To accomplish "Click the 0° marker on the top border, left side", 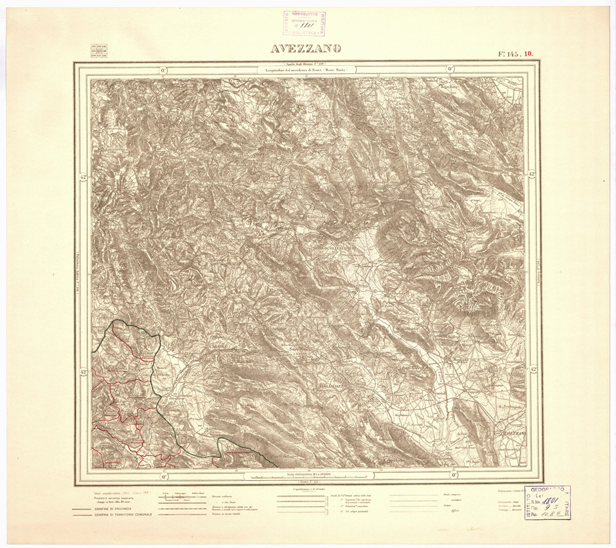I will click(162, 69).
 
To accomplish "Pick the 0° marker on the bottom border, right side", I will click(454, 475).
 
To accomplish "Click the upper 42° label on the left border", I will click(83, 177).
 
